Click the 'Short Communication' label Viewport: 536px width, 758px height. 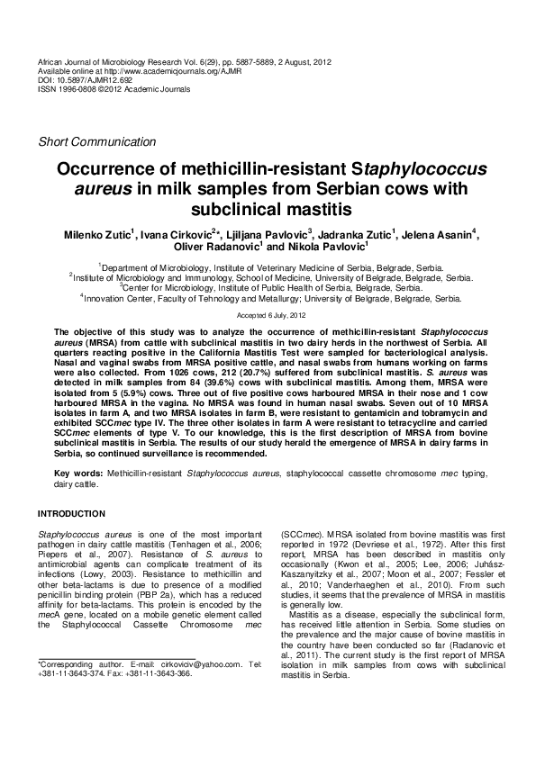click(x=96, y=142)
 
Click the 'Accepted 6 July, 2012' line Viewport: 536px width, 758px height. click(x=268, y=316)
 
